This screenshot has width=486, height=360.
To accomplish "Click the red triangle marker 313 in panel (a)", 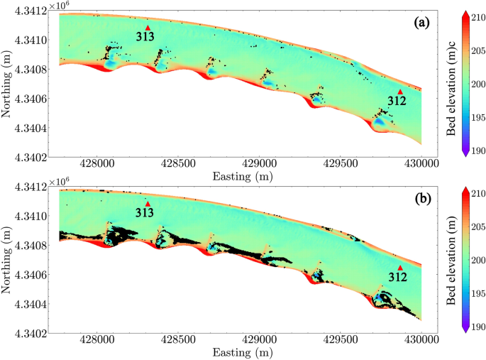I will click(x=148, y=28).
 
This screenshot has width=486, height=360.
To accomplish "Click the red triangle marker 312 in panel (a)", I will click(x=400, y=92).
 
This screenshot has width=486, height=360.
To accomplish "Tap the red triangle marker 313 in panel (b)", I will click(x=148, y=204).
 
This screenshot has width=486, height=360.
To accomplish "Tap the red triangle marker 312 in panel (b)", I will click(x=400, y=268).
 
